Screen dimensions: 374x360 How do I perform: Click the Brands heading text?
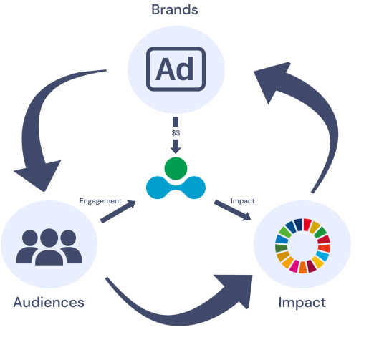(x=175, y=10)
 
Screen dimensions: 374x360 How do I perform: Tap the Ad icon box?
(x=176, y=69)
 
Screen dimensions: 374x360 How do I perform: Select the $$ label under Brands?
(x=176, y=132)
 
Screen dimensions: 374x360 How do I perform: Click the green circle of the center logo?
(x=176, y=168)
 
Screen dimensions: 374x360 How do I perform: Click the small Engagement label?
(x=100, y=201)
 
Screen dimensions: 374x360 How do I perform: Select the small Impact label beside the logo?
(x=243, y=201)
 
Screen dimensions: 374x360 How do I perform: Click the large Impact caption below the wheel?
(x=302, y=303)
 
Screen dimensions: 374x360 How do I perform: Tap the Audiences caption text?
(x=49, y=303)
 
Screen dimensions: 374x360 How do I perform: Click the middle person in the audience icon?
(x=49, y=247)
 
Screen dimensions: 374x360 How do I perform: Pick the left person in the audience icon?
(x=27, y=247)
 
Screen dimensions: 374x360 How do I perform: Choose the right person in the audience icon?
(x=71, y=247)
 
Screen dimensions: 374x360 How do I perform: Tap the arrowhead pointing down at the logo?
(x=176, y=150)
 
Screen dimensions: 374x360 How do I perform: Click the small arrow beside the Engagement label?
(x=118, y=212)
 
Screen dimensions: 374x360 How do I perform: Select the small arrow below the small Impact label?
(x=232, y=210)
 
